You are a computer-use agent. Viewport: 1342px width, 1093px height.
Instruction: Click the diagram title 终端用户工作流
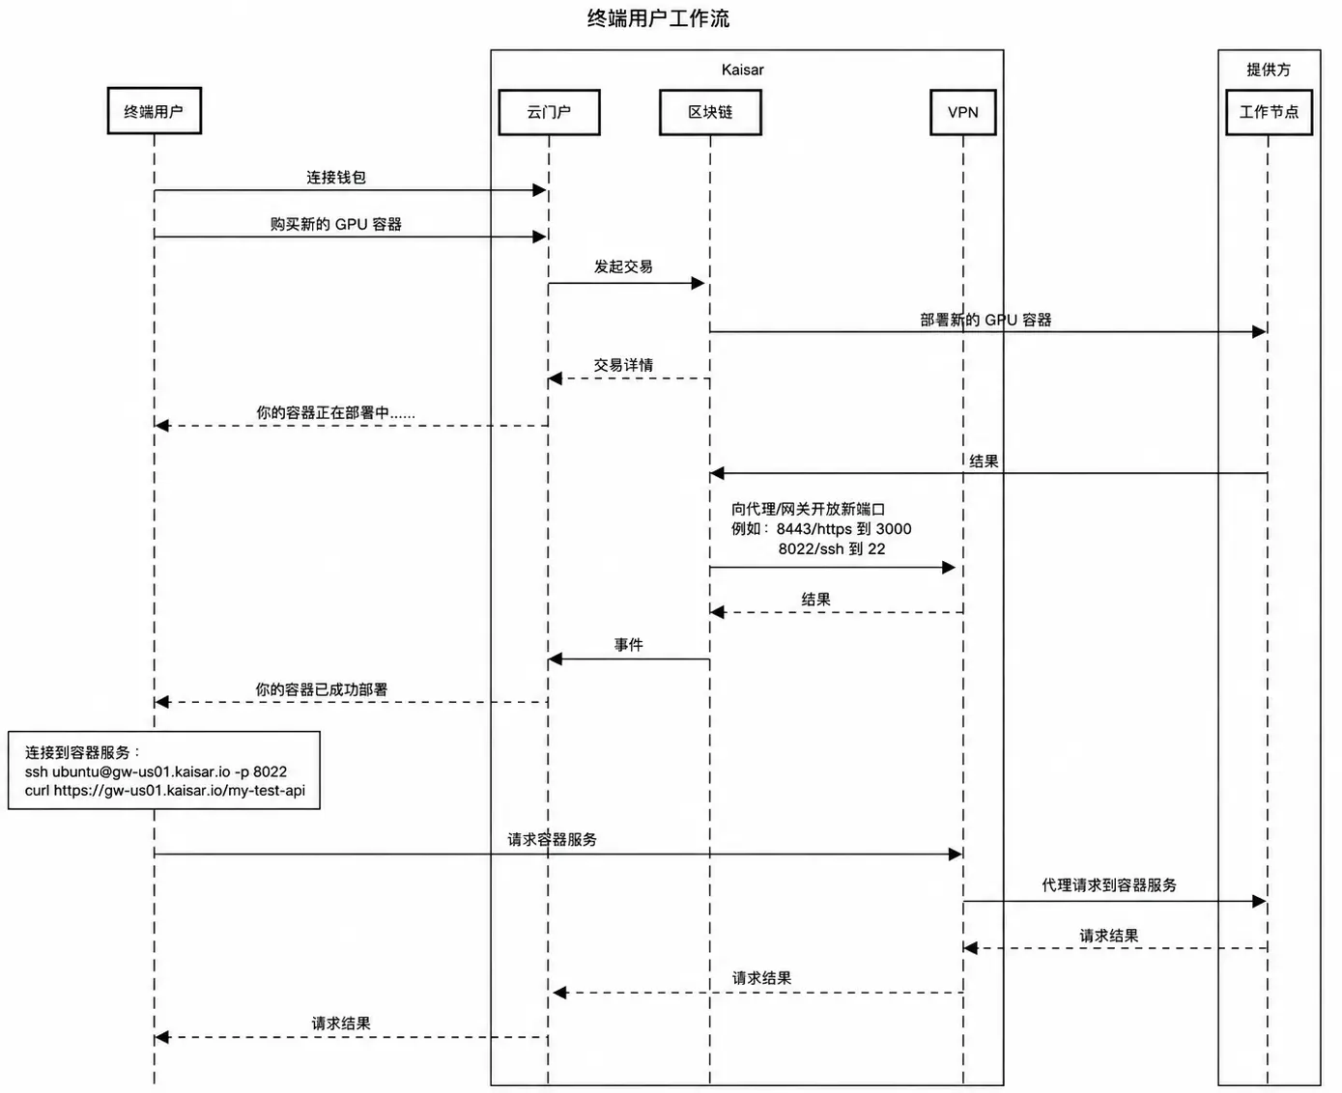click(x=658, y=18)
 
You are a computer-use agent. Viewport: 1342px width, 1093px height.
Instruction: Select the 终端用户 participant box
click(x=155, y=111)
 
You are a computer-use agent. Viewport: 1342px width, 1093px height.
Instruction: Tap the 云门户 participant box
click(x=549, y=112)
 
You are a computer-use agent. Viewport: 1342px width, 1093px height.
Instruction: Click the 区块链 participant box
click(x=710, y=112)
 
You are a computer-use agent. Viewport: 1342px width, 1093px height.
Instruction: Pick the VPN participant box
click(x=962, y=112)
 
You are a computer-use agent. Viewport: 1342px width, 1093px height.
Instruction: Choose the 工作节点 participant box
click(x=1269, y=112)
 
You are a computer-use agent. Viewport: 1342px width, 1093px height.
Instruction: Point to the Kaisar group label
click(x=742, y=70)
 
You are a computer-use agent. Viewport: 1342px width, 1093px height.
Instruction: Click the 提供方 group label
click(x=1269, y=70)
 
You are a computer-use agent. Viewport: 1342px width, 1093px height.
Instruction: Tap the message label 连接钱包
click(x=336, y=178)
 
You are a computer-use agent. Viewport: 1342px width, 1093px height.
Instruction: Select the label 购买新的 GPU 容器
click(x=336, y=224)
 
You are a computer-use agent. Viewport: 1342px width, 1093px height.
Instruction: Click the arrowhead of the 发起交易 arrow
click(x=699, y=283)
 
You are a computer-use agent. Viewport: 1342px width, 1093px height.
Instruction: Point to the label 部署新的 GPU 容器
click(x=985, y=320)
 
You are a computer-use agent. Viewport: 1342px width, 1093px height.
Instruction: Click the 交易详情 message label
click(x=623, y=365)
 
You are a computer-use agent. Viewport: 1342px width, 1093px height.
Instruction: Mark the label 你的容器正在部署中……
click(x=335, y=412)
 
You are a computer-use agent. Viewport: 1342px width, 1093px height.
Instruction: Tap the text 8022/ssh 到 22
click(x=832, y=549)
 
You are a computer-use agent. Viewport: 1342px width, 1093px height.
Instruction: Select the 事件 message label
click(x=628, y=645)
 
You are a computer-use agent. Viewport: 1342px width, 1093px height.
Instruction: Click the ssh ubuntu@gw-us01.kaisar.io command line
click(x=156, y=771)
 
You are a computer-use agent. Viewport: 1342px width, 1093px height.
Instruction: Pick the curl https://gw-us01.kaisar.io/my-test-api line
click(x=165, y=791)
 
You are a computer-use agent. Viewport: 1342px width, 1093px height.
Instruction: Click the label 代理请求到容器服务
click(x=1109, y=885)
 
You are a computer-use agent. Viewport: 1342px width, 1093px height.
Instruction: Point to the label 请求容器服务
click(x=552, y=839)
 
